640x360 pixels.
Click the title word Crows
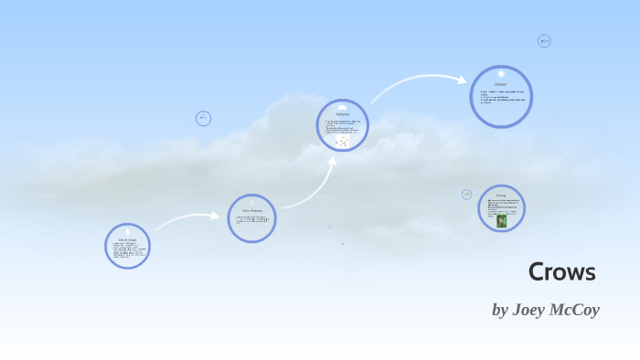562,272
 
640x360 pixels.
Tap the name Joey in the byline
531,310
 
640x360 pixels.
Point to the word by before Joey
499,311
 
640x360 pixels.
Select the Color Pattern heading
251,210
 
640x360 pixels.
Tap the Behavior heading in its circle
343,114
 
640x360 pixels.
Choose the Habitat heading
501,84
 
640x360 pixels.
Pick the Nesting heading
501,196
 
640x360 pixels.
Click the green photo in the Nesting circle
501,220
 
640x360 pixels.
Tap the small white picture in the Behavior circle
342,142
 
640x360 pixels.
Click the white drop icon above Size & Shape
127,229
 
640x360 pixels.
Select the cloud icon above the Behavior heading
343,106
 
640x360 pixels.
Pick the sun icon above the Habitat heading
501,73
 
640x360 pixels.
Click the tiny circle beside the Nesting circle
467,195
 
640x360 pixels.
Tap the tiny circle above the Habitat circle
544,41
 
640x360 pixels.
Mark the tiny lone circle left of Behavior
204,118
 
